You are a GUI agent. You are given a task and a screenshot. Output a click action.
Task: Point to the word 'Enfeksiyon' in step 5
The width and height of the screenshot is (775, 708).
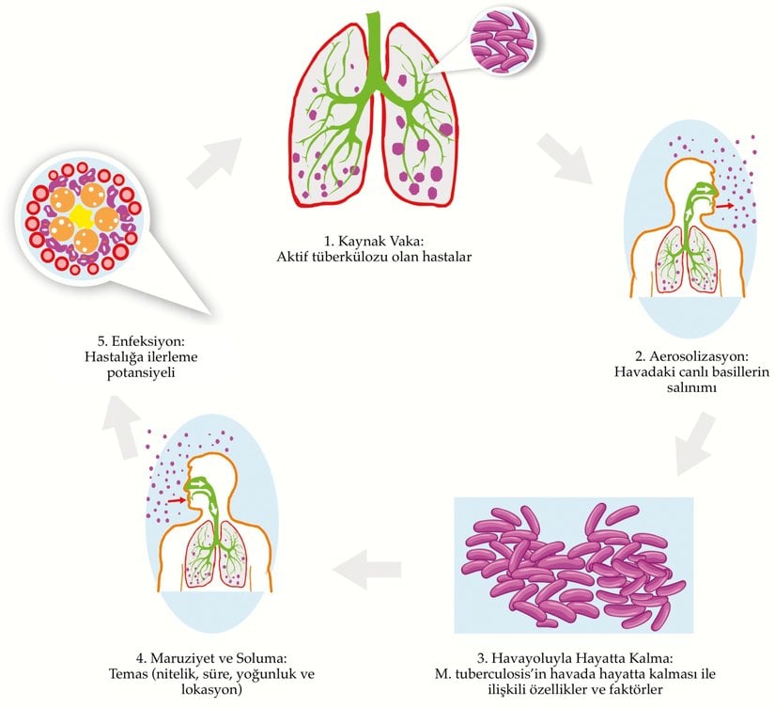[x=149, y=340]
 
